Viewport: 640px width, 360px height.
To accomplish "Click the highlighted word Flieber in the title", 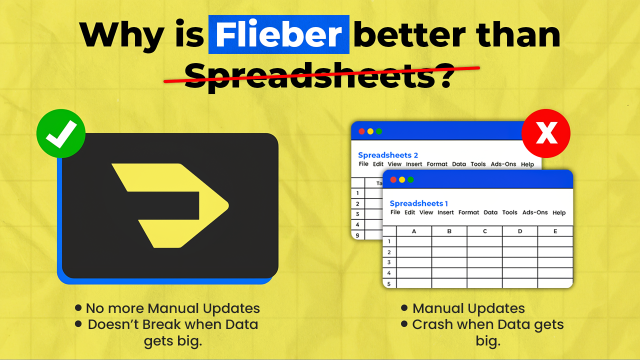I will (278, 34).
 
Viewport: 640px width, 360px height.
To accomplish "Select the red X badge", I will (546, 133).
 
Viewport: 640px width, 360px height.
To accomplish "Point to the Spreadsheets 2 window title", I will (388, 155).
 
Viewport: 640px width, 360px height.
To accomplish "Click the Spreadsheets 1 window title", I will (419, 203).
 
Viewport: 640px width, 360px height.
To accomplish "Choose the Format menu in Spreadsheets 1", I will (468, 212).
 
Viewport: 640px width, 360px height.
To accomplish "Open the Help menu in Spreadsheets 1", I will (559, 212).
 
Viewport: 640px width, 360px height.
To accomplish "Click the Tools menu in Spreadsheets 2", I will (478, 164).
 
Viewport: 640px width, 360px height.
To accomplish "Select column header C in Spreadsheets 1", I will (484, 231).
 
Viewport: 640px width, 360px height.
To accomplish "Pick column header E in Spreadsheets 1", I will (555, 231).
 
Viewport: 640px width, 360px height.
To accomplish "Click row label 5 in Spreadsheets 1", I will (388, 283).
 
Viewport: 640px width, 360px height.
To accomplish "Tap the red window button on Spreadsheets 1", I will (393, 179).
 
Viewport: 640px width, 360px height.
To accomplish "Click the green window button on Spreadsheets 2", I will (379, 131).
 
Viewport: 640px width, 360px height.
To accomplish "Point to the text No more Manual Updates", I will (172, 308).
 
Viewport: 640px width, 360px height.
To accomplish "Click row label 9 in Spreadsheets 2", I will (357, 234).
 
